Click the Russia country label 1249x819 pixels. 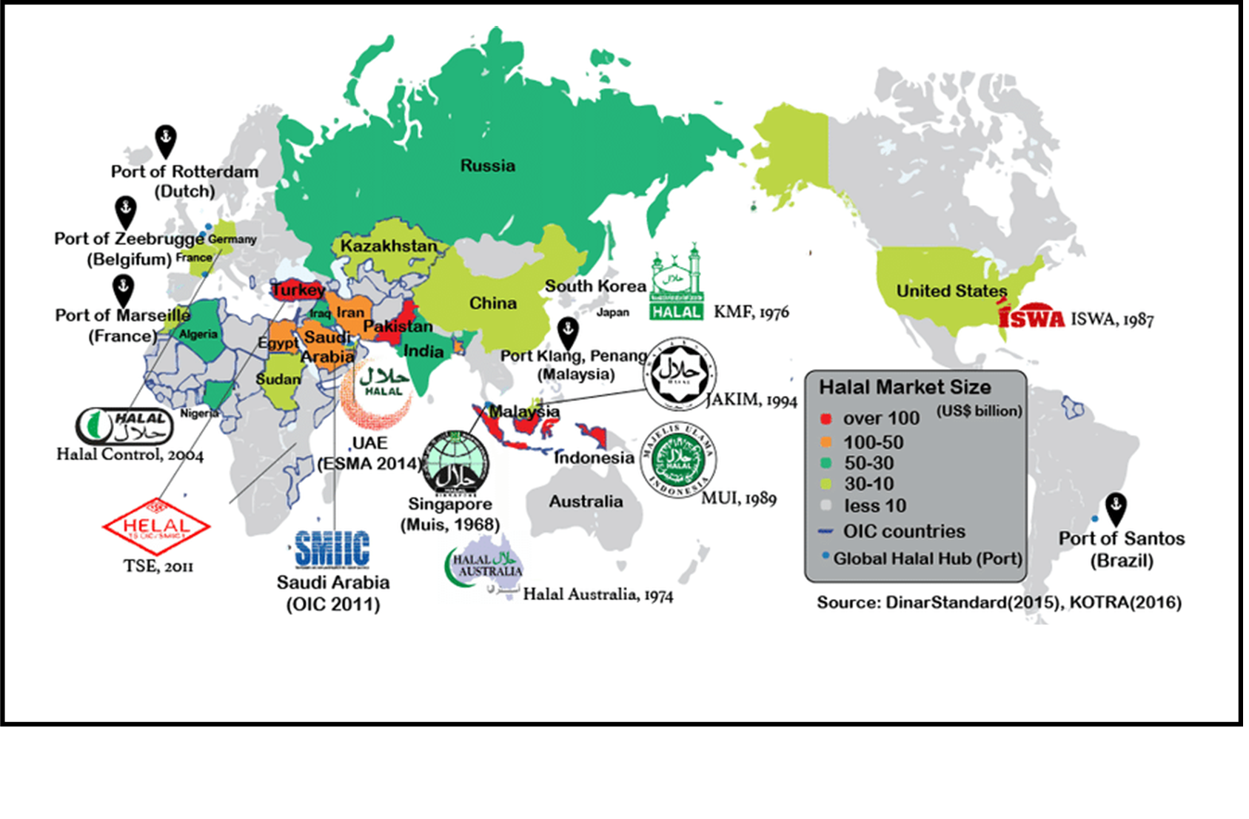pyautogui.click(x=487, y=166)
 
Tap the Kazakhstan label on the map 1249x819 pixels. pyautogui.click(x=389, y=246)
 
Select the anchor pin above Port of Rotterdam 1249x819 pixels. pyautogui.click(x=165, y=140)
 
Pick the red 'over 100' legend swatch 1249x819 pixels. pyautogui.click(x=826, y=419)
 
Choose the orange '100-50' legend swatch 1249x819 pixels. pyautogui.click(x=826, y=442)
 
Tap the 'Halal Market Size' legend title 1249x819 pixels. pyautogui.click(x=904, y=387)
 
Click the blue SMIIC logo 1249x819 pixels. pyautogui.click(x=332, y=549)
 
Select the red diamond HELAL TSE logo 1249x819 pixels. pyautogui.click(x=156, y=526)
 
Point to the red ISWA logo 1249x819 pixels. pyautogui.click(x=1031, y=317)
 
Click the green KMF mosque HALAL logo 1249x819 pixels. pyautogui.click(x=676, y=283)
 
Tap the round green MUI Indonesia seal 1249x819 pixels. pyautogui.click(x=678, y=460)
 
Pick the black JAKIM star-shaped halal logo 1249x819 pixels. pyautogui.click(x=679, y=374)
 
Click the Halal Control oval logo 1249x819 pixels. pyautogui.click(x=124, y=426)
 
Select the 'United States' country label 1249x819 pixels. pyautogui.click(x=951, y=291)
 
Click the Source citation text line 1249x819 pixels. pyautogui.click(x=999, y=602)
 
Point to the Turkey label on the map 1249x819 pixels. pyautogui.click(x=298, y=290)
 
